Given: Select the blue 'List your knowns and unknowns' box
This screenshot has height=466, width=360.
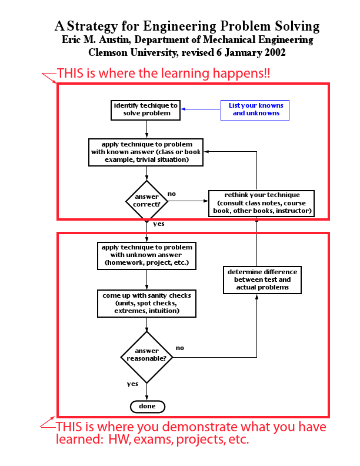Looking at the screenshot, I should pyautogui.click(x=255, y=109).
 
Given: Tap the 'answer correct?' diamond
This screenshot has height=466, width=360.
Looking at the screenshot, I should pyautogui.click(x=146, y=201).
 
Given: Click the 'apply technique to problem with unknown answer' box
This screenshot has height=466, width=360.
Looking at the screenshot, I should pyautogui.click(x=146, y=255).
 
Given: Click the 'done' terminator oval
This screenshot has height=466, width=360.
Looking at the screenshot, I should pyautogui.click(x=147, y=406).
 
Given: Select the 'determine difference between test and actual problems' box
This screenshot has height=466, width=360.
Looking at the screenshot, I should pyautogui.click(x=262, y=279).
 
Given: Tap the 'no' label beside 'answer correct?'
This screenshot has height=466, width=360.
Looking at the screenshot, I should pyautogui.click(x=171, y=194).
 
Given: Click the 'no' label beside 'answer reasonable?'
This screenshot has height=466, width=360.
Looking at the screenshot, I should pyautogui.click(x=179, y=348).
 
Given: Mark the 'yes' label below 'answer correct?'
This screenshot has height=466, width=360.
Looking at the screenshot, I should pyautogui.click(x=158, y=224).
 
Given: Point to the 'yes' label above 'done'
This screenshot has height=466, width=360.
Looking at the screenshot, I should pyautogui.click(x=132, y=384).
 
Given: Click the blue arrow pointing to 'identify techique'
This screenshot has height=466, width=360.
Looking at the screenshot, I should pyautogui.click(x=200, y=109).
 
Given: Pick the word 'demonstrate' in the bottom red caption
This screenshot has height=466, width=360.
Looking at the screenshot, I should pyautogui.click(x=200, y=428).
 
